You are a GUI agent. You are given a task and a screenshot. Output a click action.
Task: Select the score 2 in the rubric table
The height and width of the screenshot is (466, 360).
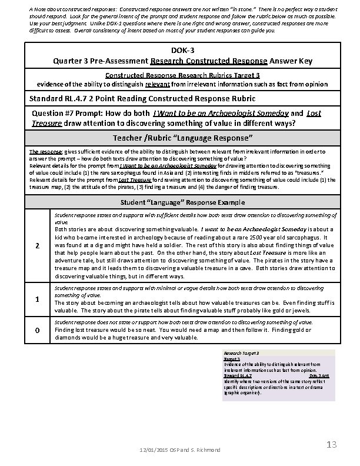pyautogui.click(x=36, y=245)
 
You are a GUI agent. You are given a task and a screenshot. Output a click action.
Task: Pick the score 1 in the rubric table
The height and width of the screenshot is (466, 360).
pyautogui.click(x=36, y=299)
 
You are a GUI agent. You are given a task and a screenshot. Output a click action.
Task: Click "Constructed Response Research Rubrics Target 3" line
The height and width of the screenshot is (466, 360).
pyautogui.click(x=182, y=75)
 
